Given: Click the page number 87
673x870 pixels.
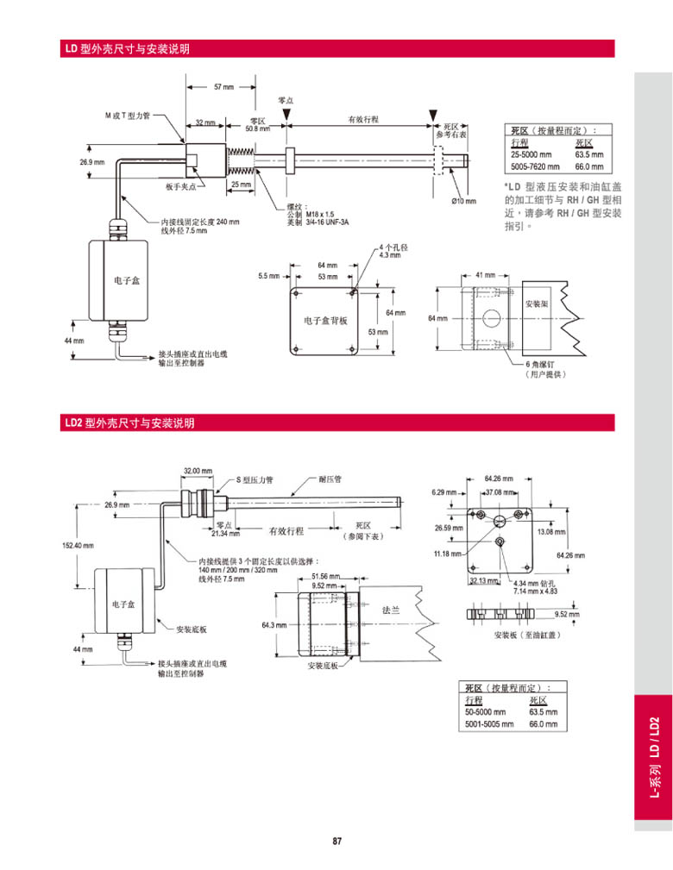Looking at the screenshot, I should (337, 842).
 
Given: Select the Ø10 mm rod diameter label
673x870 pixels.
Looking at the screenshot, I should (463, 201).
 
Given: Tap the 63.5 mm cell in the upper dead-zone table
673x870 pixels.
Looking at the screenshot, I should (588, 154).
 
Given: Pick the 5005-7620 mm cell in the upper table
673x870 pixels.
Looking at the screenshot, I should (535, 166).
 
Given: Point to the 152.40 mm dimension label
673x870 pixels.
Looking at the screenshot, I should (78, 545).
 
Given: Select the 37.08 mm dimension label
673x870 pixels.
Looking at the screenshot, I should (498, 492).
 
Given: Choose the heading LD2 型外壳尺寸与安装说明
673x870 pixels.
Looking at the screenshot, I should (129, 423).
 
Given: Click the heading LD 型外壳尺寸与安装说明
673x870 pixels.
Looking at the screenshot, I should (126, 49).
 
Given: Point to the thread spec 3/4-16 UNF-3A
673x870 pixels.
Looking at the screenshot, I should (324, 221).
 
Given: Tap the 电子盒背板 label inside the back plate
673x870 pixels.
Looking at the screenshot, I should (326, 320).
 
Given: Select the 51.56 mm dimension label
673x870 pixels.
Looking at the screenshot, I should (325, 575).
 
